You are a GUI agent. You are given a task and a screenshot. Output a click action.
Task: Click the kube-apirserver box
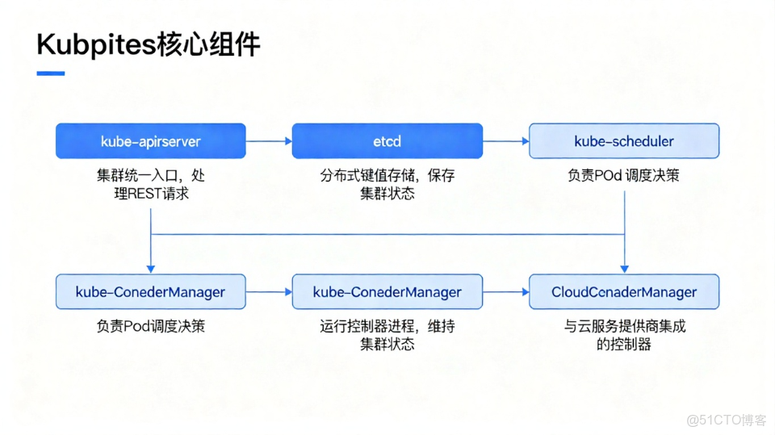click(x=150, y=140)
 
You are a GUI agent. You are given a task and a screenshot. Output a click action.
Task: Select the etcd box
click(x=387, y=140)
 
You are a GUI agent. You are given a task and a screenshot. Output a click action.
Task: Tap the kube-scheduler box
click(x=623, y=140)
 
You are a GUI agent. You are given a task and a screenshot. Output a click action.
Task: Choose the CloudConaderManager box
click(x=623, y=291)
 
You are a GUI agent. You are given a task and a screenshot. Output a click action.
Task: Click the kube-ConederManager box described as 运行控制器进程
click(x=387, y=291)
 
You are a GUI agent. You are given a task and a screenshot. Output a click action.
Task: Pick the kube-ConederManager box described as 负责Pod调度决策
click(x=150, y=291)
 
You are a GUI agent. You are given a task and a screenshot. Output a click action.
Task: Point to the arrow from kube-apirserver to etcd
click(x=269, y=141)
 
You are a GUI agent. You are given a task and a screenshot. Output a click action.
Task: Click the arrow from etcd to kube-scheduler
click(x=505, y=141)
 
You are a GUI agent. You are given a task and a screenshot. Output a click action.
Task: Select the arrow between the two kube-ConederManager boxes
click(x=269, y=292)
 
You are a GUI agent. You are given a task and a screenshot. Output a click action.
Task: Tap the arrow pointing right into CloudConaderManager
click(x=505, y=292)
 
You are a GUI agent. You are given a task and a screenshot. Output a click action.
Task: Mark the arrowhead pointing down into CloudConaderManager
click(x=624, y=269)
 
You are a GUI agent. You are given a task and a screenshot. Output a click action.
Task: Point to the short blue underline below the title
click(x=51, y=73)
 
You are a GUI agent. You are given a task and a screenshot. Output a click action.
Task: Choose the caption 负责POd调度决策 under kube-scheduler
click(x=623, y=175)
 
